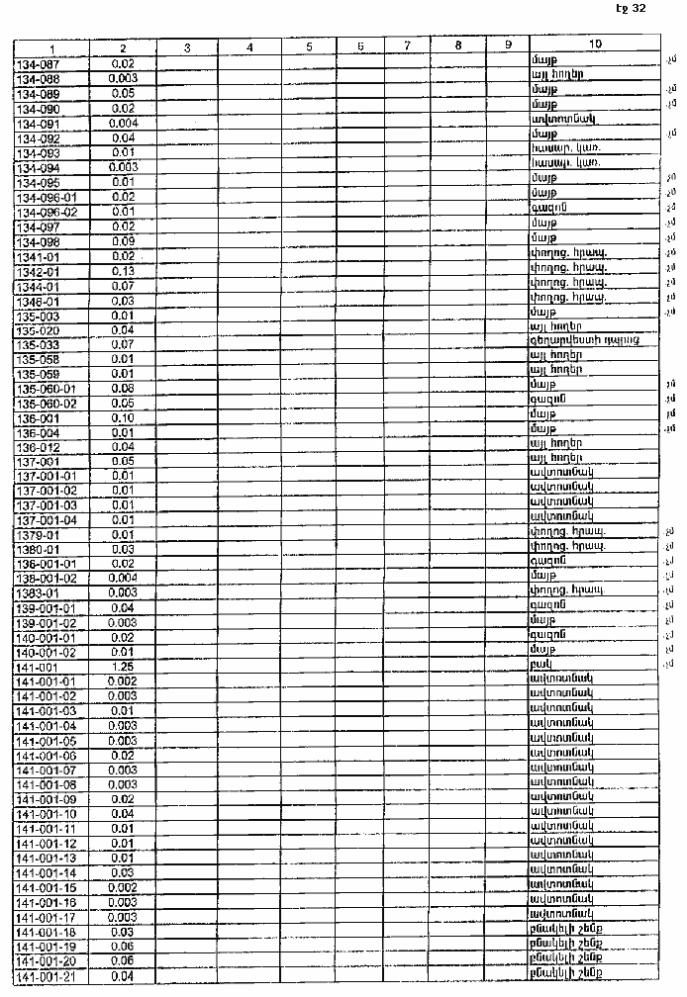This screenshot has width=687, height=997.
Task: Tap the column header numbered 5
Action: pyautogui.click(x=309, y=46)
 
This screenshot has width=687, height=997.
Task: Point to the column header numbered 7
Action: pyautogui.click(x=407, y=45)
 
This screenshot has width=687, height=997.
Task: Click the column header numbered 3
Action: pyautogui.click(x=187, y=46)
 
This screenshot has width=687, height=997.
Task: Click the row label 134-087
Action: pyautogui.click(x=39, y=62)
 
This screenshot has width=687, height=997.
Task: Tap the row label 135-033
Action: pyautogui.click(x=39, y=343)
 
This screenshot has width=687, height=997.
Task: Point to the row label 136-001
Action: pyautogui.click(x=39, y=416)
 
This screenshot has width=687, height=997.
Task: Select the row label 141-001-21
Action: pyautogui.click(x=47, y=977)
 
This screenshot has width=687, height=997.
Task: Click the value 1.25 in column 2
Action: pyautogui.click(x=124, y=666)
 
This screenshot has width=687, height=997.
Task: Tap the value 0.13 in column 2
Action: pyautogui.click(x=124, y=271)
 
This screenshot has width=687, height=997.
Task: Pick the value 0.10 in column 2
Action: pyautogui.click(x=124, y=416)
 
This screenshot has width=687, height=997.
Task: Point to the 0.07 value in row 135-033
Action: pyautogui.click(x=124, y=343)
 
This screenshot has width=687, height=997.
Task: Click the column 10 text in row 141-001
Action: pyautogui.click(x=541, y=666)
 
